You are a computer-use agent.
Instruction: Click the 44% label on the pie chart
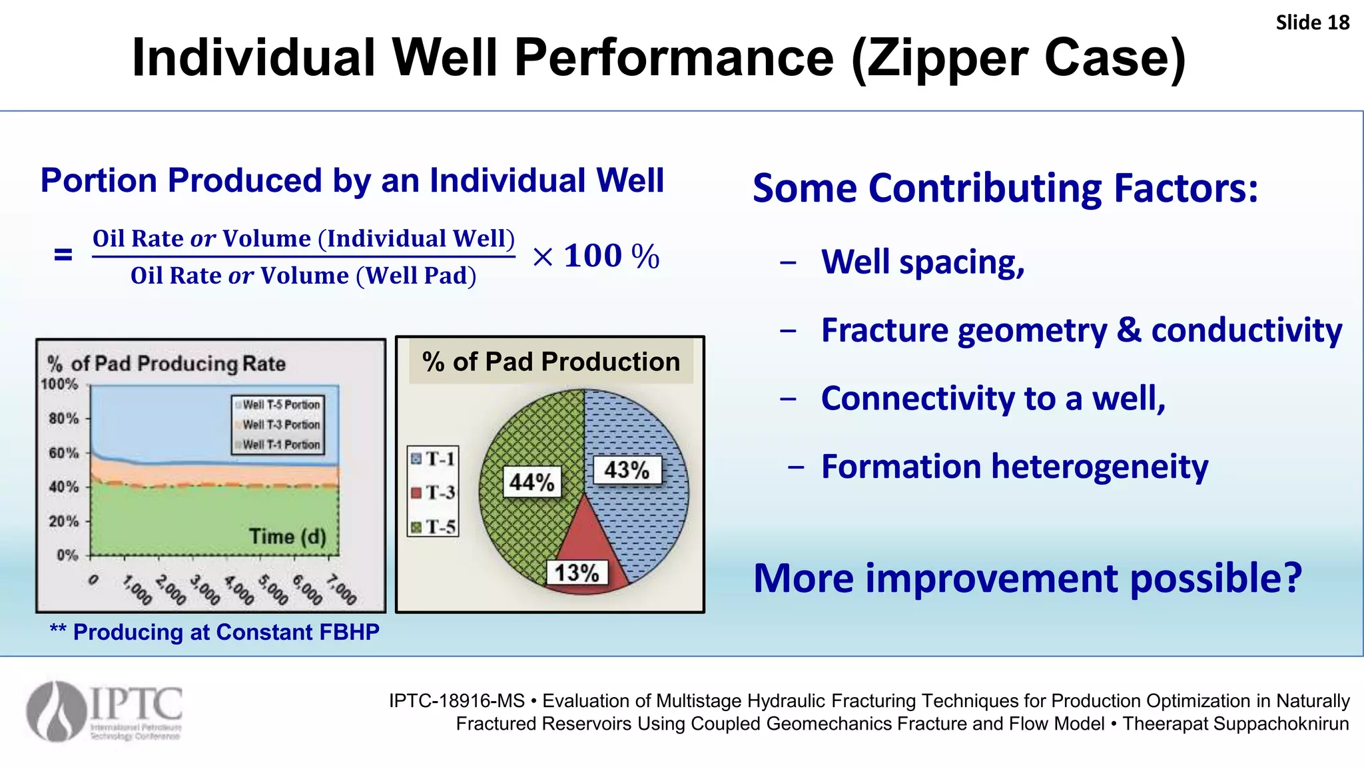pyautogui.click(x=531, y=481)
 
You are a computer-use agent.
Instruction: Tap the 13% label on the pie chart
pyautogui.click(x=577, y=573)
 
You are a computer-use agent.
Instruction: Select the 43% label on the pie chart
pyautogui.click(x=626, y=470)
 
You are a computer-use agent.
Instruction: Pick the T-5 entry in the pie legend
pyautogui.click(x=433, y=527)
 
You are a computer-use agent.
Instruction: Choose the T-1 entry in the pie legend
pyautogui.click(x=433, y=459)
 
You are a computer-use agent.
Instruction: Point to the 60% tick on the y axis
pyautogui.click(x=63, y=453)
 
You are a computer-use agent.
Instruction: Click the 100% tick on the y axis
pyautogui.click(x=59, y=384)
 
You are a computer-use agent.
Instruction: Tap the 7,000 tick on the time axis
pyautogui.click(x=342, y=590)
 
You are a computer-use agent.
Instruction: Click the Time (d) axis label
pyautogui.click(x=287, y=537)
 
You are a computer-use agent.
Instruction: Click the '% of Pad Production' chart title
pyautogui.click(x=551, y=362)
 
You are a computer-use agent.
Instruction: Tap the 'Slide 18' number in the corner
pyautogui.click(x=1312, y=23)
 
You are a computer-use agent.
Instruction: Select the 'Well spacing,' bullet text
pyautogui.click(x=922, y=262)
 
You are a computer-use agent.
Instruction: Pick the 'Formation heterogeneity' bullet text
pyautogui.click(x=1014, y=466)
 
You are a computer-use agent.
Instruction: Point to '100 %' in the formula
pyautogui.click(x=611, y=256)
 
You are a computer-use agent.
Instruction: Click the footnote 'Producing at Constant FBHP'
pyautogui.click(x=226, y=632)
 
